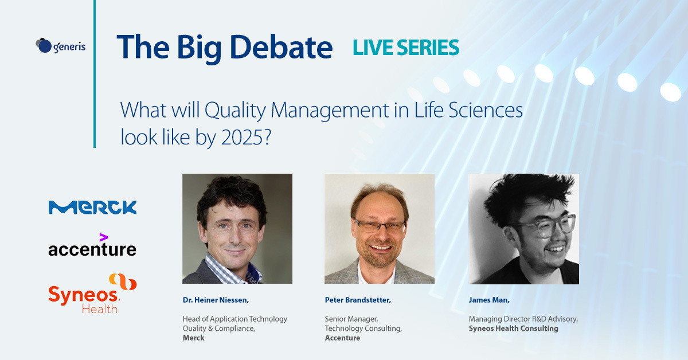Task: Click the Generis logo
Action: point(61,46)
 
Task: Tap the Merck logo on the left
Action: point(92,208)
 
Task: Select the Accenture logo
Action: point(92,245)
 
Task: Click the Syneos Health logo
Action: point(92,294)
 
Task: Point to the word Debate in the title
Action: point(281,48)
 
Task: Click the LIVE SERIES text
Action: point(406,48)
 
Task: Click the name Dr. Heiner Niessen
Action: point(216,300)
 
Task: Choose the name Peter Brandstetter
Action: point(358,300)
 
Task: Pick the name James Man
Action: point(489,300)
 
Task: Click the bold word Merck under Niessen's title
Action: point(194,338)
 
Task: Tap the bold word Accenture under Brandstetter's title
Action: point(342,338)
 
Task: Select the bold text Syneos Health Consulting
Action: point(513,328)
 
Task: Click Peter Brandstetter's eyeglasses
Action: point(380,226)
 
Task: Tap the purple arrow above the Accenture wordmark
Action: point(104,237)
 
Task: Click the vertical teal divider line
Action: point(95,74)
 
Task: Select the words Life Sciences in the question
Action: point(468,110)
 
